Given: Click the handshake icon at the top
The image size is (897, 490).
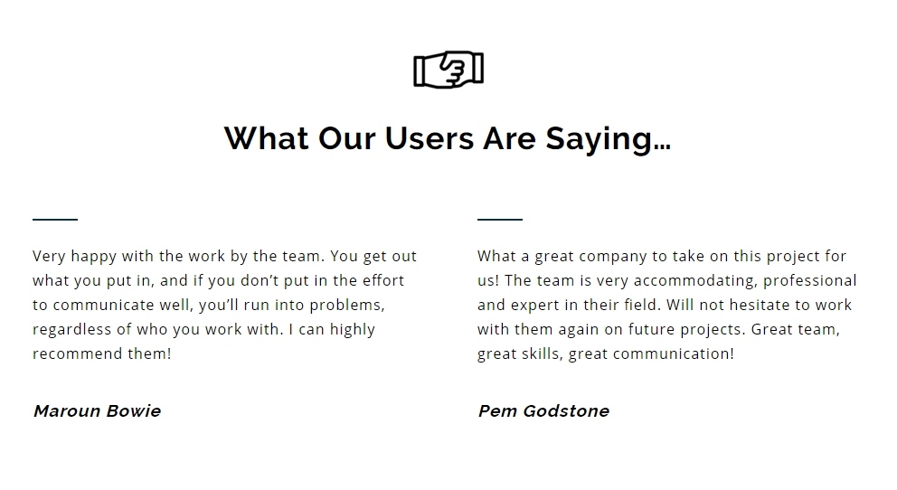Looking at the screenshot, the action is tap(448, 70).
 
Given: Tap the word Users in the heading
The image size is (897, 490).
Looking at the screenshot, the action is tap(429, 138).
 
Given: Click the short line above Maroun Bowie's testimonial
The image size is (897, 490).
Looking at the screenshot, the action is tap(55, 219).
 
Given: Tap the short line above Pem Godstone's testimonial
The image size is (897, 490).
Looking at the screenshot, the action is tap(500, 219).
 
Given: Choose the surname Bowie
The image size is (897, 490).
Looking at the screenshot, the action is tap(134, 411).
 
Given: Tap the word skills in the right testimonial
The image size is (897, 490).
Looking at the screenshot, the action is tap(541, 353).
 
